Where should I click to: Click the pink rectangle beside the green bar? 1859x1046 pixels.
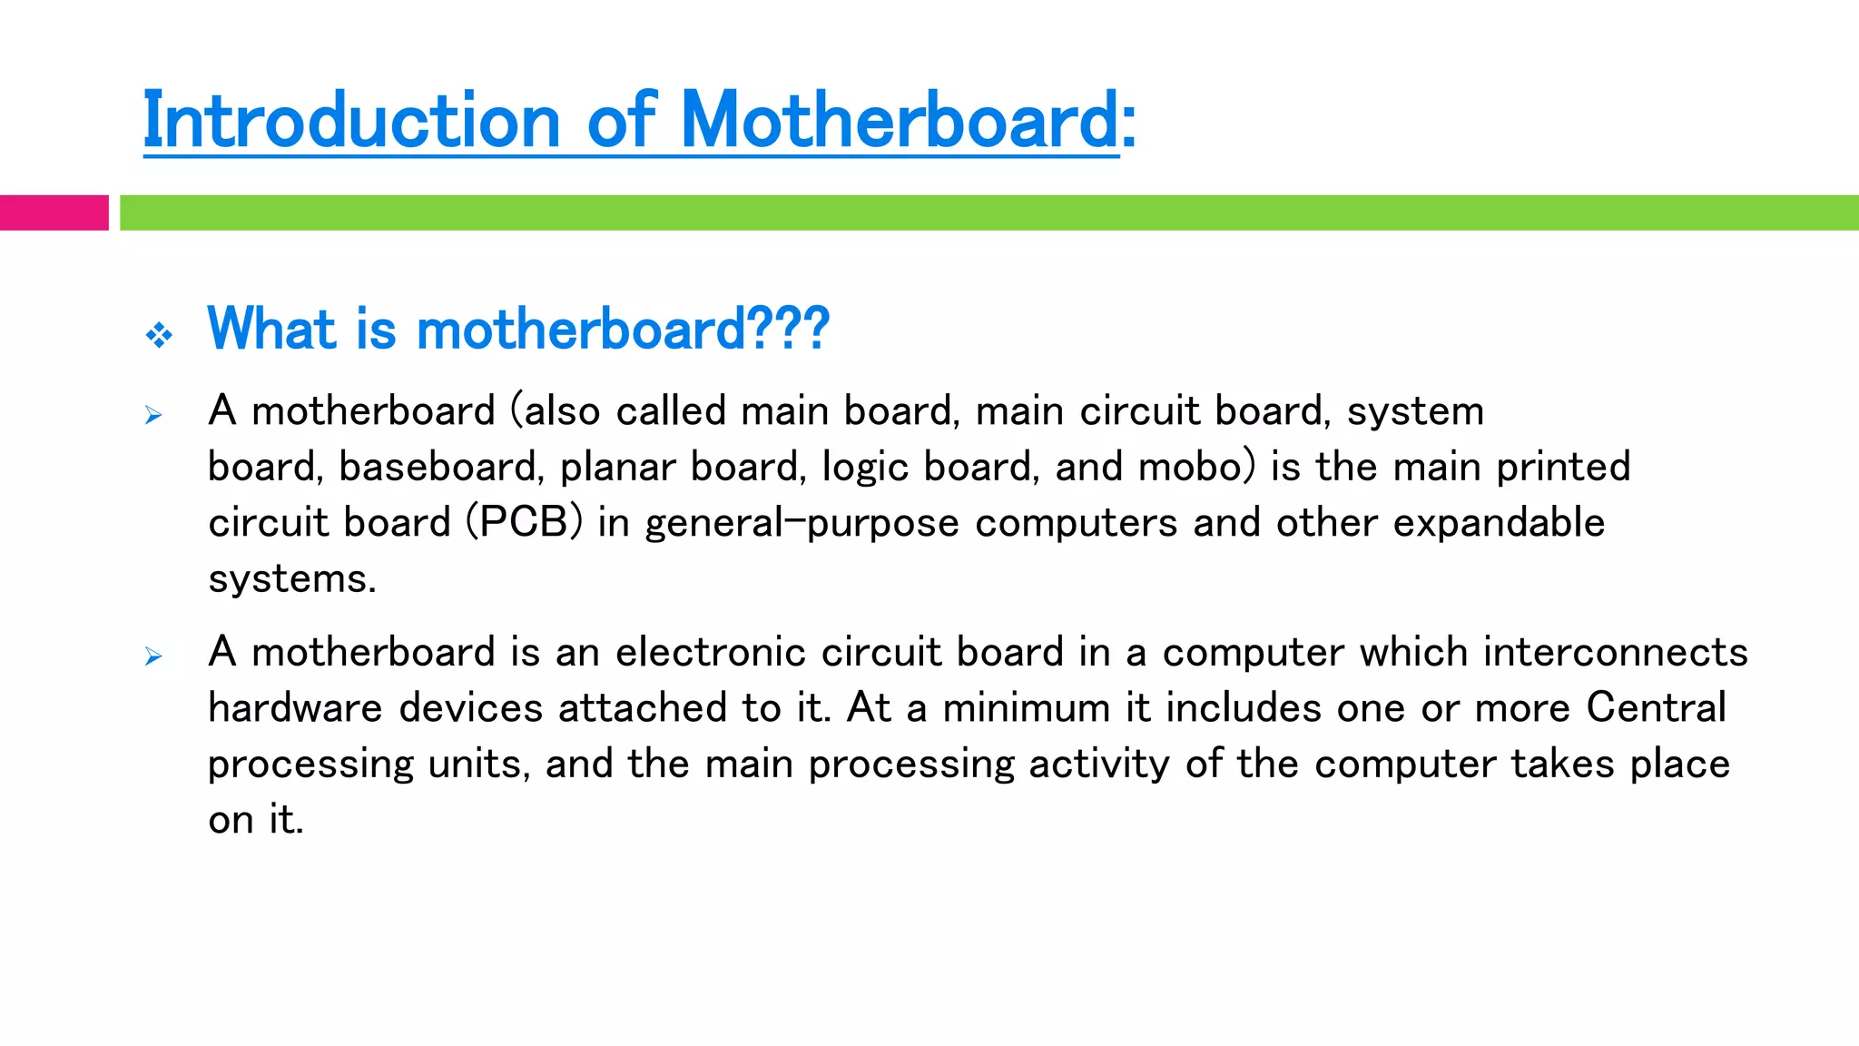[x=54, y=212]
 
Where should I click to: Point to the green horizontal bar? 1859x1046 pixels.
[x=989, y=212]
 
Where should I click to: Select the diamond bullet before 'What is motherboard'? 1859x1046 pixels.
[x=159, y=335]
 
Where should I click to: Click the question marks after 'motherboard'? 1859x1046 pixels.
[x=789, y=329]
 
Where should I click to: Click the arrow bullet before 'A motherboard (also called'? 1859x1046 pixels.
[x=153, y=416]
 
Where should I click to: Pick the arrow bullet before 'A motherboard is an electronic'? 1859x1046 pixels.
[x=153, y=656]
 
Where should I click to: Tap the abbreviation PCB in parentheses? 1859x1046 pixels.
[x=524, y=523]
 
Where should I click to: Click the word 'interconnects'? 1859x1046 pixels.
[x=1615, y=653]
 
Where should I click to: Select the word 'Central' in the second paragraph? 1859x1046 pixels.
[x=1656, y=708]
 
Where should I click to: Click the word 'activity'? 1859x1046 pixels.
[x=1099, y=765]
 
